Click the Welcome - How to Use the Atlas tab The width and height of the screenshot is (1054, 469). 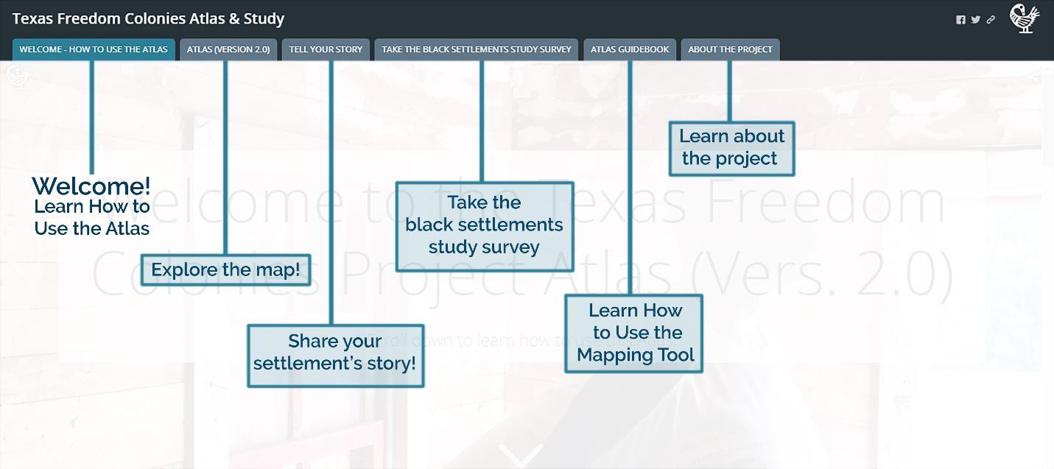(x=94, y=49)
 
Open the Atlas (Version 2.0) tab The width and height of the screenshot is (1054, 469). (x=228, y=49)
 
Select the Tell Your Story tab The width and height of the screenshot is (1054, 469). (x=326, y=49)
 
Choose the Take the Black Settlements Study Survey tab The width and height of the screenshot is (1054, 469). (x=477, y=49)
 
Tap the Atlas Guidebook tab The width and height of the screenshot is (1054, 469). (x=630, y=49)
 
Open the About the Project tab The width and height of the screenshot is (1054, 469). (x=730, y=49)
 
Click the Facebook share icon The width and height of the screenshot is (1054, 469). (x=960, y=20)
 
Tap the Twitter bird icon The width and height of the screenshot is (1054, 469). (x=975, y=20)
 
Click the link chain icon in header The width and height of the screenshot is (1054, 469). (x=991, y=20)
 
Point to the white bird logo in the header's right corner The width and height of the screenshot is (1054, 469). (x=1024, y=18)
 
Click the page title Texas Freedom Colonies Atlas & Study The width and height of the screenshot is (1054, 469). (x=148, y=18)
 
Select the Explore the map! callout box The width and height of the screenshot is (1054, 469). (x=225, y=269)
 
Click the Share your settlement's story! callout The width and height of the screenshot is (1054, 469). (x=335, y=356)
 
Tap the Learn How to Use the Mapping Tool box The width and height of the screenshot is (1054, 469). (x=633, y=334)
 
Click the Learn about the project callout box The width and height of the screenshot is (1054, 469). (x=731, y=148)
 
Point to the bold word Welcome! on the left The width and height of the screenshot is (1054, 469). (x=91, y=186)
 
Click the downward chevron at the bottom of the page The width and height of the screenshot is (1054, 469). (x=521, y=455)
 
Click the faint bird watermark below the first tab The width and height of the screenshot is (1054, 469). (x=18, y=76)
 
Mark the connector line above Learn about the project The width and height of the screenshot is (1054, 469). (x=729, y=91)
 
